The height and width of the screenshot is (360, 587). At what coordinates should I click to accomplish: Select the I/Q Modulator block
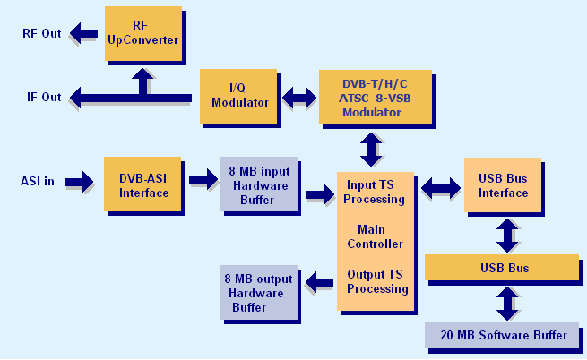(x=239, y=96)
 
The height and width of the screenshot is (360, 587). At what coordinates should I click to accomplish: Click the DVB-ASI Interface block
(x=143, y=185)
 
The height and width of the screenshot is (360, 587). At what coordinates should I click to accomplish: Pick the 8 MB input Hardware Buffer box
(x=258, y=185)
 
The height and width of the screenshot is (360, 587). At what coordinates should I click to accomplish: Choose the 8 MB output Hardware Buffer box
(x=260, y=293)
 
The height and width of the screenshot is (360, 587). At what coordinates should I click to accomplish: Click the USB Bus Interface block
(x=503, y=185)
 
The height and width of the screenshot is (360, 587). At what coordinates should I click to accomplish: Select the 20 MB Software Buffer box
(x=503, y=335)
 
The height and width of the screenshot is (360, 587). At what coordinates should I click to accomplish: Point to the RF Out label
(x=42, y=34)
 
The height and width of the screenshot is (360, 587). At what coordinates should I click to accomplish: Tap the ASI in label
(x=38, y=182)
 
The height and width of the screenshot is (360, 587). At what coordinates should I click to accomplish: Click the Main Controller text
(x=375, y=236)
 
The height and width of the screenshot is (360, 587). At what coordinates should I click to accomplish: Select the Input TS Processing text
(x=375, y=192)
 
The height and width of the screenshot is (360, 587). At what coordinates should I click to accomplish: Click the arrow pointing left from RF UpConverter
(x=87, y=34)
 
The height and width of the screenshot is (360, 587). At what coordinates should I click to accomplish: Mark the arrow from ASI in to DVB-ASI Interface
(x=78, y=182)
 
